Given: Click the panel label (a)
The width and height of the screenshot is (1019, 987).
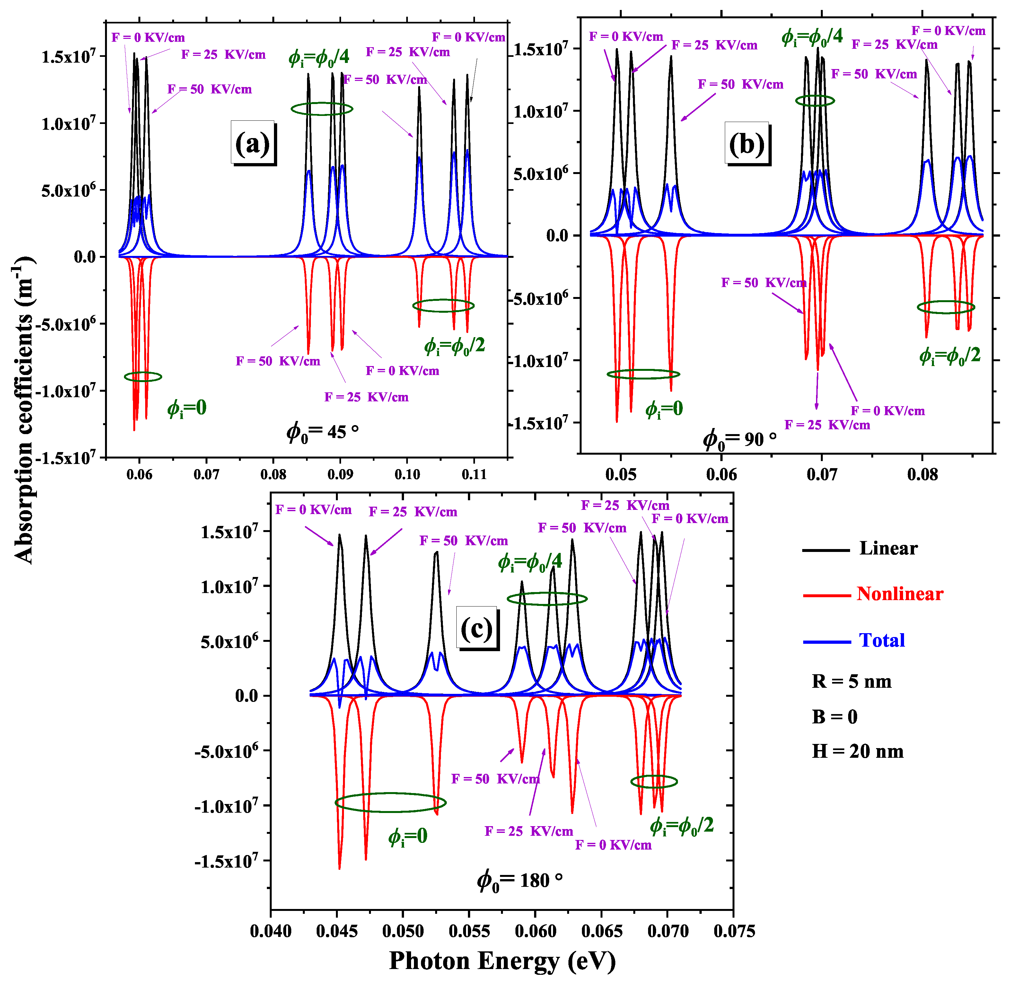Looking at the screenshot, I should point(253,143).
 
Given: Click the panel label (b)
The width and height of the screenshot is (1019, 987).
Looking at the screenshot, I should point(747,144).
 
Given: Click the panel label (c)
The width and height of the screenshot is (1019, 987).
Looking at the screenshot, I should point(477,629).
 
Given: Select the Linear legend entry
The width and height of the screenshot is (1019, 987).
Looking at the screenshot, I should point(888,548).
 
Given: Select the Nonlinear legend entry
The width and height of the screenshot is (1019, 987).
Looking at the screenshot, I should point(900,594).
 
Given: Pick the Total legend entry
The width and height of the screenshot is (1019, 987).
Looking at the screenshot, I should point(882,640).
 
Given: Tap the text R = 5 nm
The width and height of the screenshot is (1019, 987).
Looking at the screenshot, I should point(852,681).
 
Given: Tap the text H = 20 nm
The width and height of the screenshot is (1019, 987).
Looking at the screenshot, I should point(858,752).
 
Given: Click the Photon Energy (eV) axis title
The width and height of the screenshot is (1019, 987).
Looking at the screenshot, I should point(502,960).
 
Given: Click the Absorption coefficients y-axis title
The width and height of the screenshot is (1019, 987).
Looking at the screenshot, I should point(23,411).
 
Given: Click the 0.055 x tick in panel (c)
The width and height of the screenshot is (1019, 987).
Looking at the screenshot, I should point(470,931).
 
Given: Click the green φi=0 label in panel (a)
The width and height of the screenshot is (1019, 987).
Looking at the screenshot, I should point(187,408).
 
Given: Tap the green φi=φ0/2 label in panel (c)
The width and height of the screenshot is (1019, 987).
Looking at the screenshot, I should point(681,826).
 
